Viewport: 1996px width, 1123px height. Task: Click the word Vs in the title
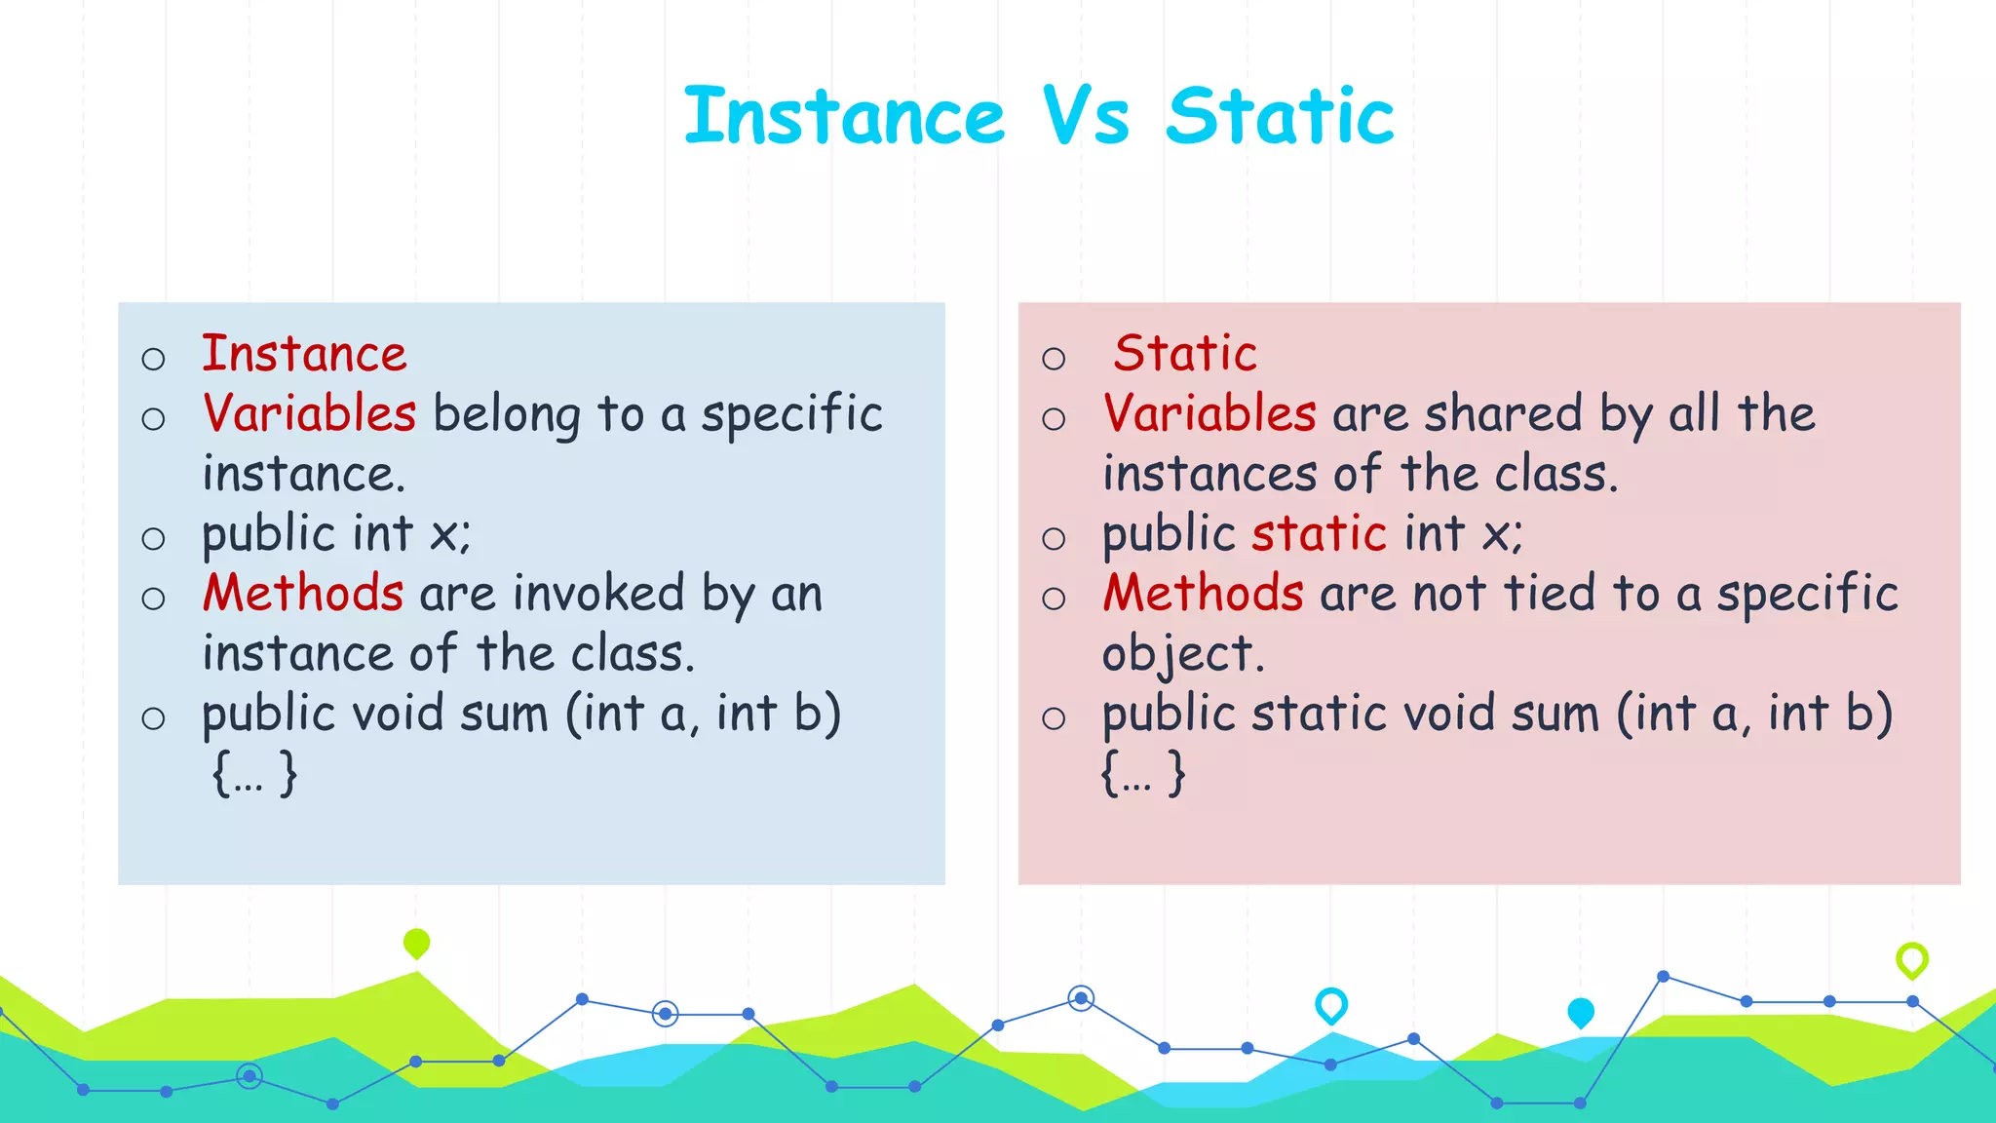1086,117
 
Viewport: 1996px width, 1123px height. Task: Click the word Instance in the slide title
844,117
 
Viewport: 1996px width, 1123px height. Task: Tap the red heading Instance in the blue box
304,354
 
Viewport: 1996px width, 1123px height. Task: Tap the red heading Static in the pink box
1185,354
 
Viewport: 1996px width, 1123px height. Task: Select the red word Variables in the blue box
310,413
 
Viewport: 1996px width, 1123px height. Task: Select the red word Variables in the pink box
1209,413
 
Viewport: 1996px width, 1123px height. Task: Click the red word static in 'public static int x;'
1319,534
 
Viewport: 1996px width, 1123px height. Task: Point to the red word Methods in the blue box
303,594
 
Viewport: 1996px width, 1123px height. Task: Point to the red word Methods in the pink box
1203,594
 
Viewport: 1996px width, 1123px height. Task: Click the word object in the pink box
1181,655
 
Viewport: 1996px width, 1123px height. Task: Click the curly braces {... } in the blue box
254,774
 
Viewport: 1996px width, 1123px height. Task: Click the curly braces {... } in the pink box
1143,774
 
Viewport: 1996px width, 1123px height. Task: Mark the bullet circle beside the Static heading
1054,359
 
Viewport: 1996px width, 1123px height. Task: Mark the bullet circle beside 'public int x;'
153,539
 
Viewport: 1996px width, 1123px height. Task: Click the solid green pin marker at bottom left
416,943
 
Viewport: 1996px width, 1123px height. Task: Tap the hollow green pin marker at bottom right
1911,959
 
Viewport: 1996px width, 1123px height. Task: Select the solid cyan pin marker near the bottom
1580,1012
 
